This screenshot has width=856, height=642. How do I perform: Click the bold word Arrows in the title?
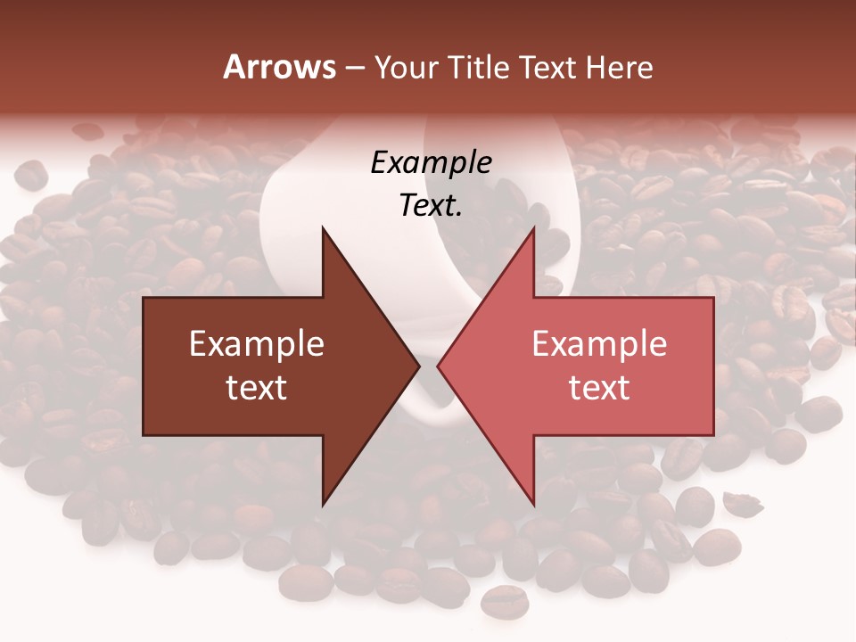(279, 67)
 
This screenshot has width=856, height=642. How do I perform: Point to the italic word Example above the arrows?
(431, 163)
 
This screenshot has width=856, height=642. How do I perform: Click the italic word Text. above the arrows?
(431, 206)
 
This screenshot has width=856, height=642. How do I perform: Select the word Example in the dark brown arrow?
(257, 344)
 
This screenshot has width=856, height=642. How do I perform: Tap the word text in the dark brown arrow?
(257, 388)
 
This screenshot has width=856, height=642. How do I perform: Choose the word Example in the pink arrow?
(599, 344)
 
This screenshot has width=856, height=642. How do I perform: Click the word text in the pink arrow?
(599, 388)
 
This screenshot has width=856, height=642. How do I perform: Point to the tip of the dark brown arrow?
(420, 366)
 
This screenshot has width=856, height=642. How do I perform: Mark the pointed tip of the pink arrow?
(437, 366)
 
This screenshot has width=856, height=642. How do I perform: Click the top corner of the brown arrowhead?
(323, 228)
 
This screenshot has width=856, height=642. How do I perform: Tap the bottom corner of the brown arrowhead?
(323, 505)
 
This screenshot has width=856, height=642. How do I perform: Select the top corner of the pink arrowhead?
(533, 228)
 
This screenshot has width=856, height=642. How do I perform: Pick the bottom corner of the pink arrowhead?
(533, 505)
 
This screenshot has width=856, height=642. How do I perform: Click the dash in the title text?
(355, 68)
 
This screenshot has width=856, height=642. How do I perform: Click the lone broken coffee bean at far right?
(742, 504)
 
